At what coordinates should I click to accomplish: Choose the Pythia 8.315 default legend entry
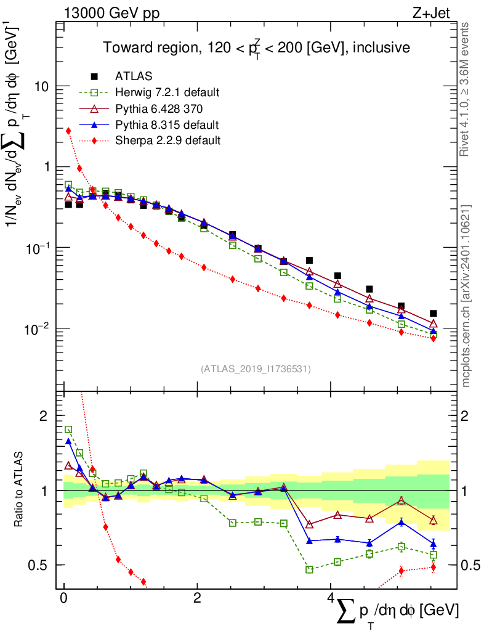[167, 124]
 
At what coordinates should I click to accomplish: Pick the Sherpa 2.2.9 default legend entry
[167, 140]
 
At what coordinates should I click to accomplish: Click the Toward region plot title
[256, 47]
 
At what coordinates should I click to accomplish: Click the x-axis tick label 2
[197, 598]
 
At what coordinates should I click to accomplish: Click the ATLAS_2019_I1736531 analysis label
[256, 368]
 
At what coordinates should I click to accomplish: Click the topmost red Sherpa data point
[68, 131]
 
